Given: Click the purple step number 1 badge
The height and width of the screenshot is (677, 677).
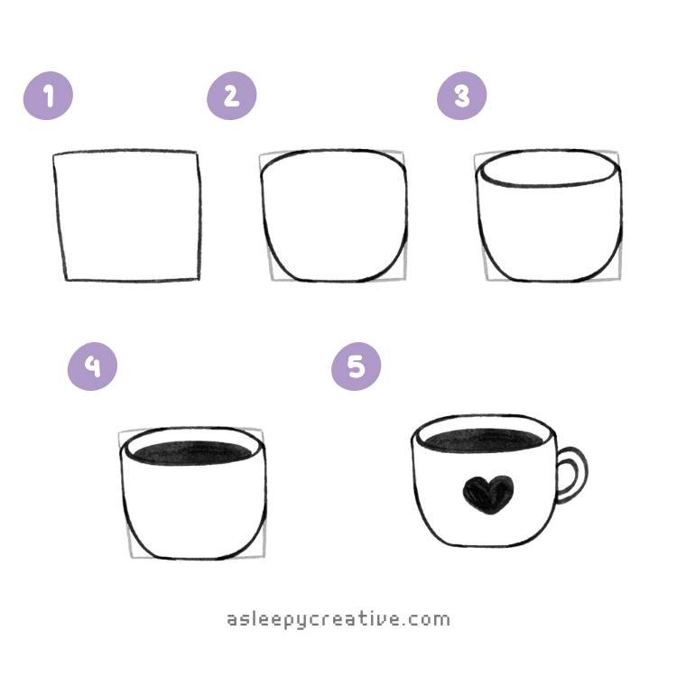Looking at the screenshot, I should (48, 97).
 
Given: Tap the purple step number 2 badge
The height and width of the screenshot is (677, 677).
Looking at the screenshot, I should (232, 96).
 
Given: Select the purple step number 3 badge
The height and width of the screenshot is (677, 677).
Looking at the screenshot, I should (462, 96).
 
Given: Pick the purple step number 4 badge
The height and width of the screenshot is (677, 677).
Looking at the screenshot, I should (92, 366).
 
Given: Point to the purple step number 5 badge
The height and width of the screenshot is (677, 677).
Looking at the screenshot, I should (356, 366).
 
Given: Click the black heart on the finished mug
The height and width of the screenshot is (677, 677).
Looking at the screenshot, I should (487, 495).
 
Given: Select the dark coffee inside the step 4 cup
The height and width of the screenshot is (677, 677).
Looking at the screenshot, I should (193, 451).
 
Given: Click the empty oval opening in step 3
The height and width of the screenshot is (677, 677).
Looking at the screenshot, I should (549, 171).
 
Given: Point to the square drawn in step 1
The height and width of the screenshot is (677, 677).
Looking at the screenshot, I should (127, 216).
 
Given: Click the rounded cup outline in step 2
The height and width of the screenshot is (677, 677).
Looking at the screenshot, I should (334, 217).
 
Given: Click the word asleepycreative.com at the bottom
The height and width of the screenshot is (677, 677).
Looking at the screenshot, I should (338, 619).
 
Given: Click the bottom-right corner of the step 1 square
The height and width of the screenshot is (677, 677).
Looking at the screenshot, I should (199, 279).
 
